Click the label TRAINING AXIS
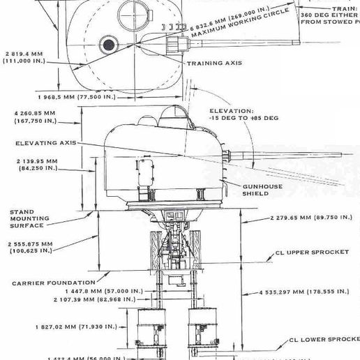coord(213,63)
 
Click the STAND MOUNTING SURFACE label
coord(26,218)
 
